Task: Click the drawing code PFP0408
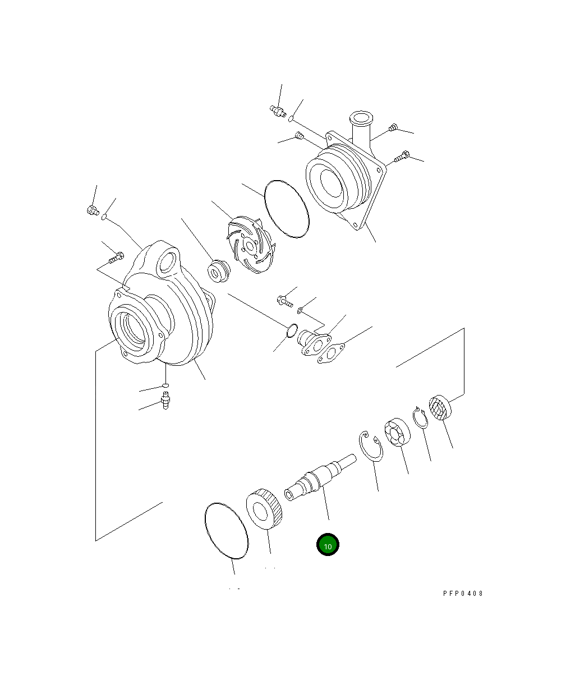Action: click(x=463, y=594)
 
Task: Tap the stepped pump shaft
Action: click(x=320, y=477)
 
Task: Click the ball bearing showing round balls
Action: click(x=397, y=432)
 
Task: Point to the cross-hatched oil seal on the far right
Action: click(x=440, y=407)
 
